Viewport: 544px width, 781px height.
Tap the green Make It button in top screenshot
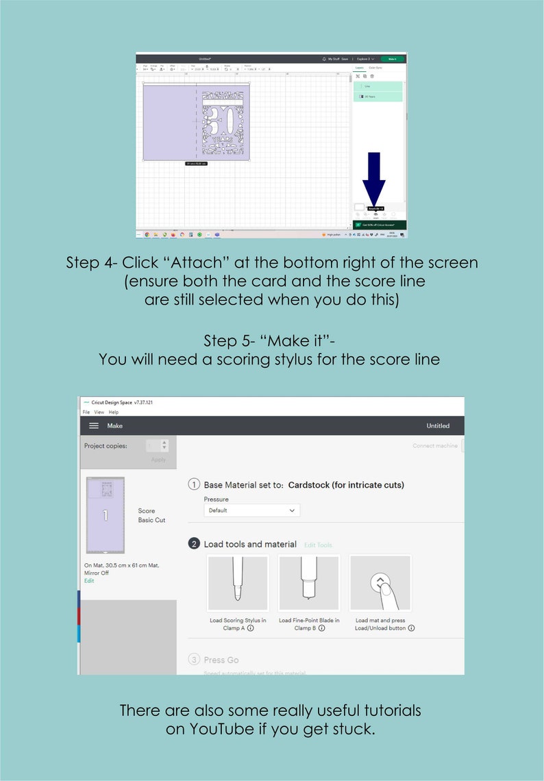[393, 59]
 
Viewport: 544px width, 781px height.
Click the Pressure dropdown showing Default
[251, 510]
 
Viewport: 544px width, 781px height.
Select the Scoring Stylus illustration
[238, 583]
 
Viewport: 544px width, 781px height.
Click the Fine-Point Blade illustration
[309, 583]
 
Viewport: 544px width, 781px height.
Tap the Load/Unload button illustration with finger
[380, 583]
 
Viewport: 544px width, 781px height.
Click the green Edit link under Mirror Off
[89, 580]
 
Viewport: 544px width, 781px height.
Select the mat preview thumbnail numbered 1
[106, 515]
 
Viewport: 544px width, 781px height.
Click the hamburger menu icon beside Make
[94, 426]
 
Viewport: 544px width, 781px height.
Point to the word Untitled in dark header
[438, 426]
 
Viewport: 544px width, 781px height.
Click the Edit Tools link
[318, 545]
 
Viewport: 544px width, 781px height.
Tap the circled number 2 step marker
[194, 544]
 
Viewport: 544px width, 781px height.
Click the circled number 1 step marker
[194, 485]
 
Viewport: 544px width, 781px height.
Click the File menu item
[86, 412]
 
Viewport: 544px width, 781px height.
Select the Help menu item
[114, 412]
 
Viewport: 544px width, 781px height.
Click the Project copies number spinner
[157, 446]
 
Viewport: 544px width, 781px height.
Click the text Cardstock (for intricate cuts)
[346, 485]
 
